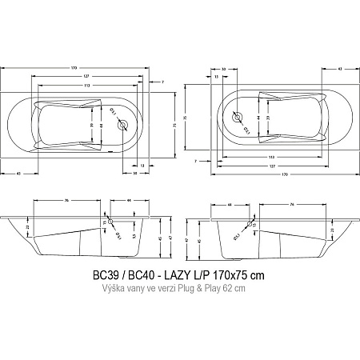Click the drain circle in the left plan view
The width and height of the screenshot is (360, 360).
(122, 125)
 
